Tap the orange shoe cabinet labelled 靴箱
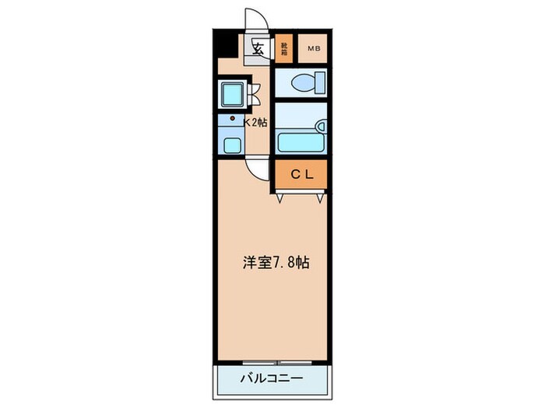click(284, 51)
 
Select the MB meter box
click(313, 51)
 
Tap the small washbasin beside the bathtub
click(320, 125)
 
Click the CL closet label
click(301, 174)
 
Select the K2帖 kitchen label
click(257, 122)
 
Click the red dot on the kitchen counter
click(232, 119)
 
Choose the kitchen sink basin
click(231, 143)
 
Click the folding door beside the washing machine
click(255, 92)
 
